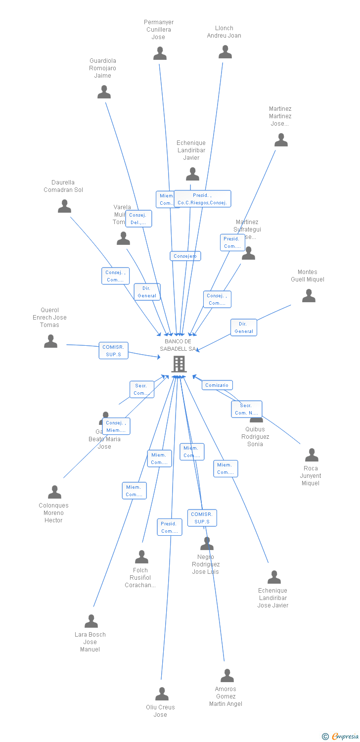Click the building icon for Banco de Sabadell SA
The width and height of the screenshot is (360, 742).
pyautogui.click(x=179, y=364)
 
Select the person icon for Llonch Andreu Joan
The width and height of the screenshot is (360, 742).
pyautogui.click(x=225, y=52)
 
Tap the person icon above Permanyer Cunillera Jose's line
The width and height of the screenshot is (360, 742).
pyautogui.click(x=160, y=53)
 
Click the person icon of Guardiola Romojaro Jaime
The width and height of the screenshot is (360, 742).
pyautogui.click(x=104, y=92)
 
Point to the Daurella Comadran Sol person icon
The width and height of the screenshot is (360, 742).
pyautogui.click(x=64, y=206)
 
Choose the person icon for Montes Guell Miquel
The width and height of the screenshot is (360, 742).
pyautogui.click(x=309, y=296)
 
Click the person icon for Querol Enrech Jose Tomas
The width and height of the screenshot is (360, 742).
pyautogui.click(x=50, y=341)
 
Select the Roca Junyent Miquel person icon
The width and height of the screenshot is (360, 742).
pyautogui.click(x=312, y=455)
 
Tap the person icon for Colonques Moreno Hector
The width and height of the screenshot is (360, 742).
pyautogui.click(x=54, y=492)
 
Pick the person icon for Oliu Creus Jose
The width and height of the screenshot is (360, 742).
pyautogui.click(x=162, y=694)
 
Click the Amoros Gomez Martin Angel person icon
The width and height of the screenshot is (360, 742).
pyautogui.click(x=227, y=676)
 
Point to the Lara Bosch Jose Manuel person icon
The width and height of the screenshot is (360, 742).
pyautogui.click(x=91, y=621)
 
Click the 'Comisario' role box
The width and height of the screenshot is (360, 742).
pyautogui.click(x=217, y=385)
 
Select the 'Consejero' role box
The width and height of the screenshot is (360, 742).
pyautogui.click(x=185, y=256)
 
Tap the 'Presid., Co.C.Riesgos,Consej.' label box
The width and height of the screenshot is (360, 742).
pyautogui.click(x=202, y=199)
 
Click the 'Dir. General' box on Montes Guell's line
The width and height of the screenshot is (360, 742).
pyautogui.click(x=244, y=327)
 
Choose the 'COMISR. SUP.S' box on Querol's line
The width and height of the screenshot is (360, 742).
pyautogui.click(x=113, y=351)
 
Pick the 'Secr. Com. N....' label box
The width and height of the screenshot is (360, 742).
pyautogui.click(x=246, y=409)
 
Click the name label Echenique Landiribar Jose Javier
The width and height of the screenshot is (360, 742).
pyautogui.click(x=272, y=598)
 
